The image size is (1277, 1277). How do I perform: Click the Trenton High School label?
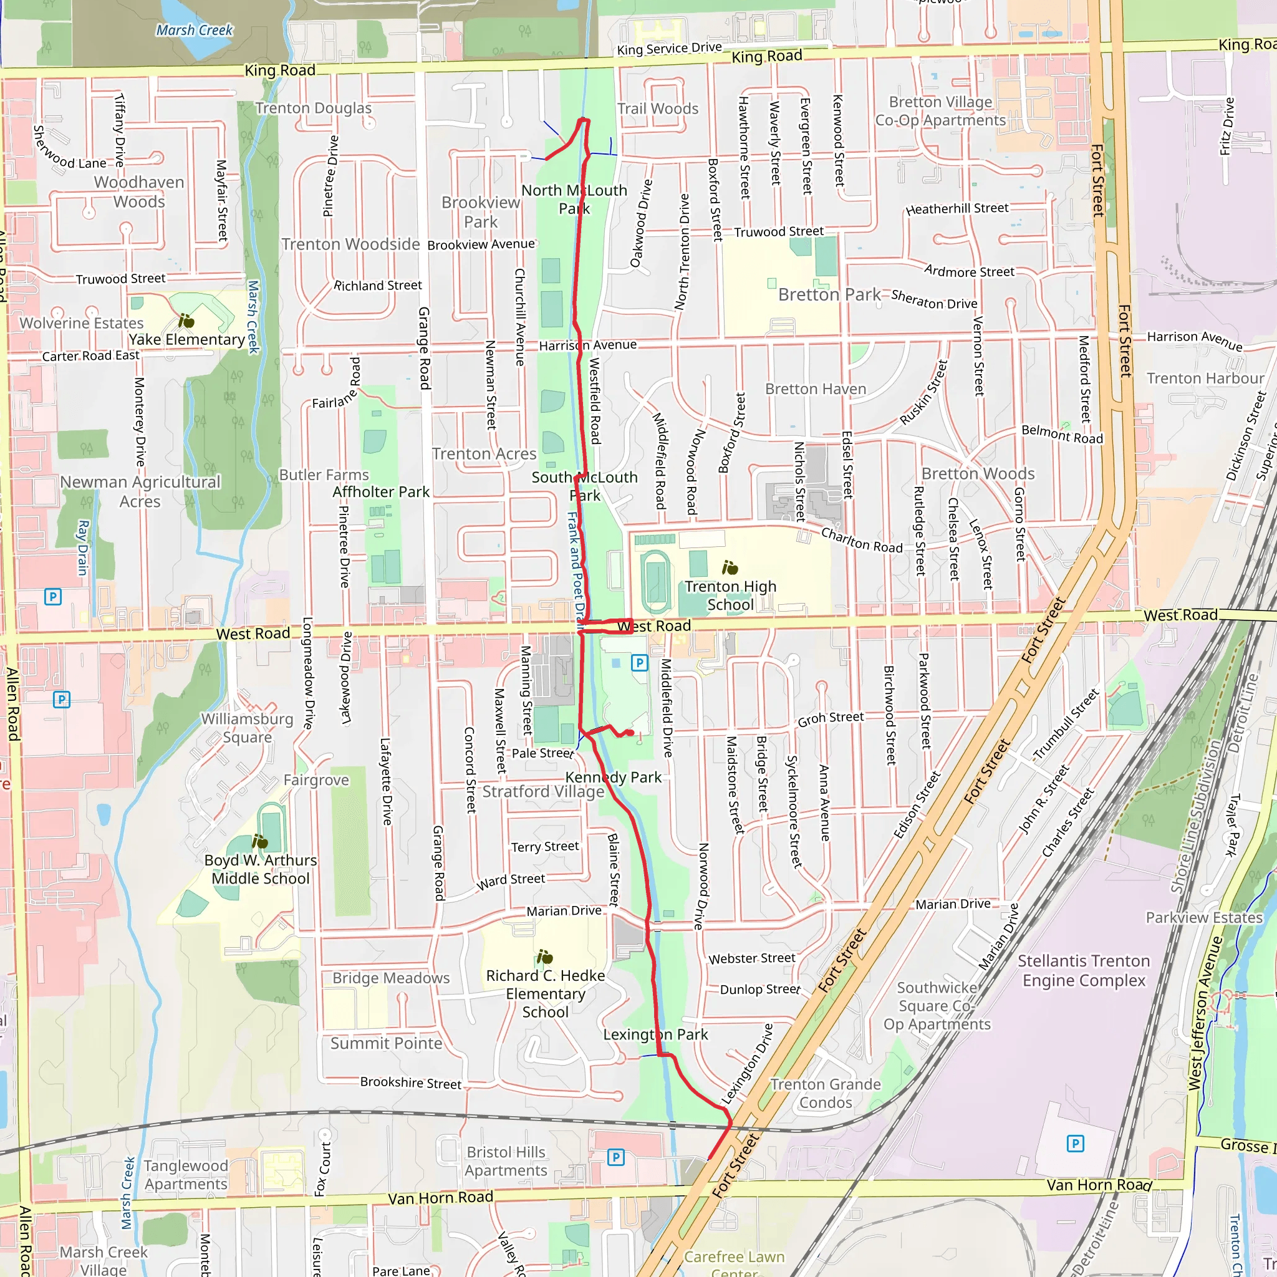click(730, 595)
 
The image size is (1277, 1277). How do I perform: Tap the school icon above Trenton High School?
click(730, 567)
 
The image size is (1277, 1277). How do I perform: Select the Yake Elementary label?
click(187, 340)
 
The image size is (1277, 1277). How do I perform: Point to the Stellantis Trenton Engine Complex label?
click(1083, 970)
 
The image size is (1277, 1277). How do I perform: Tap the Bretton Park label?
click(829, 295)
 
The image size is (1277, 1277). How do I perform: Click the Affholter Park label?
click(381, 492)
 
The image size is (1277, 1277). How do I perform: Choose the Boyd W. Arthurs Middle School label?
click(261, 869)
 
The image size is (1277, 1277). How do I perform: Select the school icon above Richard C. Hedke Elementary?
click(544, 957)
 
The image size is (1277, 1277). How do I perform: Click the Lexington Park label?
click(655, 1034)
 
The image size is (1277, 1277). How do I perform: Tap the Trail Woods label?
click(658, 108)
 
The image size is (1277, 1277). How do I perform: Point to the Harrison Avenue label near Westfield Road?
click(587, 345)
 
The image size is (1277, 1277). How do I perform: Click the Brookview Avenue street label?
click(481, 244)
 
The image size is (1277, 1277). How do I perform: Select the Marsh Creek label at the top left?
click(195, 31)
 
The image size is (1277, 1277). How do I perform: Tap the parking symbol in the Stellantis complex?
click(1076, 1144)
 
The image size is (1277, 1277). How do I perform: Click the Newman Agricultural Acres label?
click(140, 492)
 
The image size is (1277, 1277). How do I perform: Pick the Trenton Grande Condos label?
click(826, 1093)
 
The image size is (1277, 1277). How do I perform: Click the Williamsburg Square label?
click(247, 728)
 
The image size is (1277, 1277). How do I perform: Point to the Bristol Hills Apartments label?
click(506, 1161)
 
